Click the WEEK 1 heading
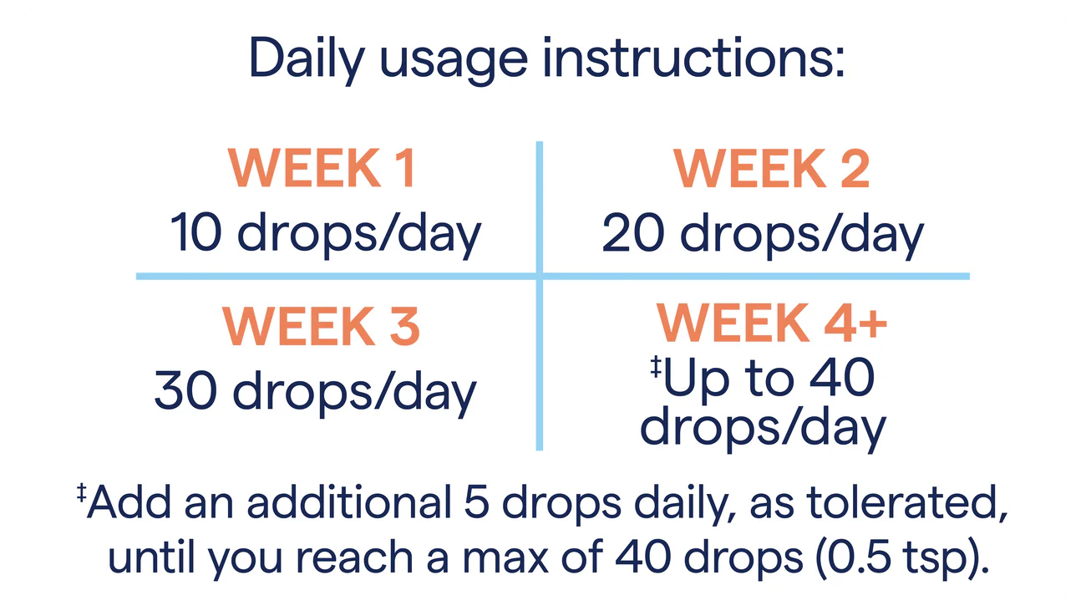point(322,170)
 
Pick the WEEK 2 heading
point(772,170)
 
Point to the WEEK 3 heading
point(322,327)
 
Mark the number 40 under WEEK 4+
point(843,378)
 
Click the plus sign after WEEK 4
point(870,324)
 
